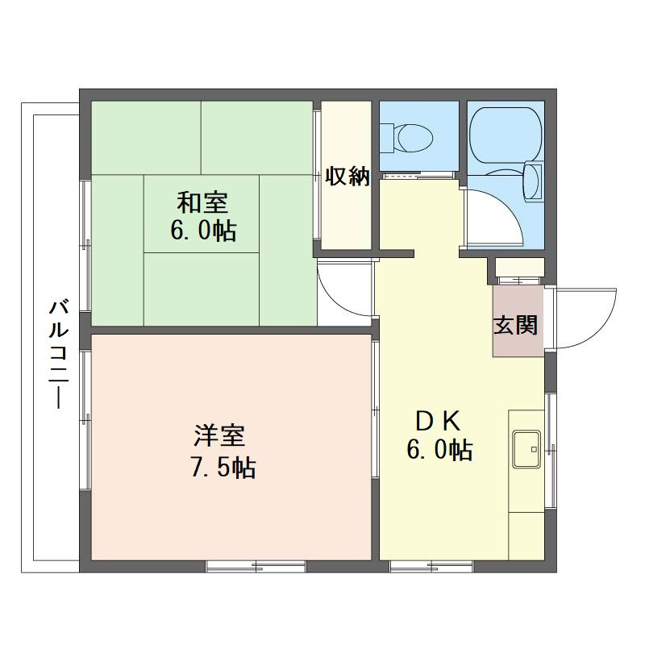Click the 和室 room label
click(202, 203)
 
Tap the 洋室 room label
click(219, 435)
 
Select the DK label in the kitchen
click(438, 421)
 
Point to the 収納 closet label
click(347, 177)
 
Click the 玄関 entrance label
click(515, 325)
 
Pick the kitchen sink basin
click(526, 449)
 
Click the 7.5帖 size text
click(224, 468)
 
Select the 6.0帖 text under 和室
click(203, 231)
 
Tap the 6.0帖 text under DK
click(439, 450)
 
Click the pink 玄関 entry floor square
click(518, 322)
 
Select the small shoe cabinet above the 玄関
click(519, 268)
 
